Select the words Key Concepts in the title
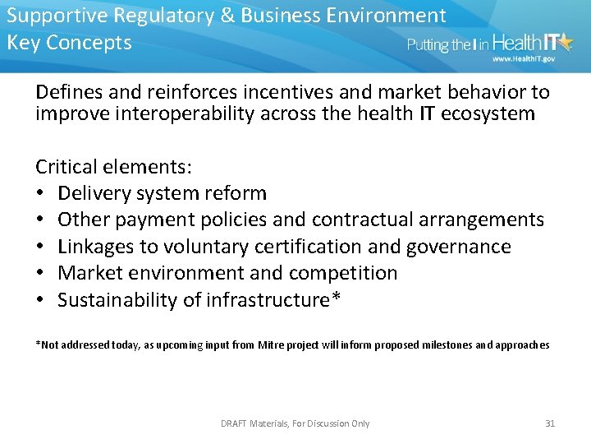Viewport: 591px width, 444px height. coord(69,43)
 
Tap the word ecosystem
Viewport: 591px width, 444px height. coord(488,113)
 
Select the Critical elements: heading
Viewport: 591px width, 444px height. coord(114,167)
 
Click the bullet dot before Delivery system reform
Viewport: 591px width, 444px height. coord(41,194)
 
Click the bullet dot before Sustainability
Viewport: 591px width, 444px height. coord(41,300)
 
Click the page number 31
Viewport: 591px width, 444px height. coord(550,423)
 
